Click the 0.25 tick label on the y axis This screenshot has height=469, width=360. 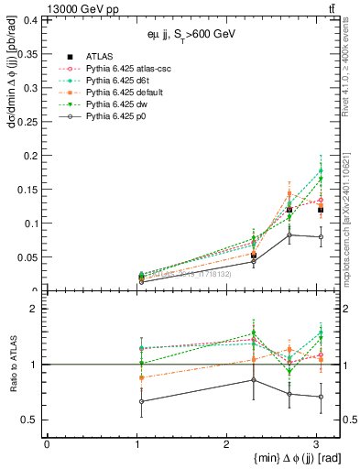28,121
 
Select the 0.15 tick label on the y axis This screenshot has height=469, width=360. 28,189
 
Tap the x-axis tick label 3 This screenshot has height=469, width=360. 316,443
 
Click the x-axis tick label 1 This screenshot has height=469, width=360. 136,443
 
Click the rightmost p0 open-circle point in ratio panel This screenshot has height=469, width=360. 316,397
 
